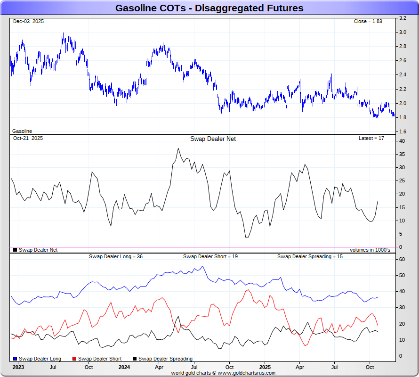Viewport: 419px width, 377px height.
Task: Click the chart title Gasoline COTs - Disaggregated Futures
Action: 209,8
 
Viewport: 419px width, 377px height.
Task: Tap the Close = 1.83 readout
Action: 369,21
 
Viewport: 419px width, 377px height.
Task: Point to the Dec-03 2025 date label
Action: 28,21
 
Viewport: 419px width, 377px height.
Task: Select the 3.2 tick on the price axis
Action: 403,18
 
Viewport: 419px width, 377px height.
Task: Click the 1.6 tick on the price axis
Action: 403,131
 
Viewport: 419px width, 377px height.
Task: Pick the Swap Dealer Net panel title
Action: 213,139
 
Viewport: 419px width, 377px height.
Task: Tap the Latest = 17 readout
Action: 371,138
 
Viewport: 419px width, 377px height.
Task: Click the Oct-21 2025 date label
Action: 28,138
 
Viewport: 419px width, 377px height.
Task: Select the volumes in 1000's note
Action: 370,250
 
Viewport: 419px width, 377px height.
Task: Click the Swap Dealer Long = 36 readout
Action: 116,256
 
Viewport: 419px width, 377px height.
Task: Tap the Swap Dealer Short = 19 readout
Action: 210,256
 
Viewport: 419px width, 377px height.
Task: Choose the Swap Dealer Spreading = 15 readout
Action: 310,256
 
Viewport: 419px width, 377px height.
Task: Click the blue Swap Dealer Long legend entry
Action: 37,359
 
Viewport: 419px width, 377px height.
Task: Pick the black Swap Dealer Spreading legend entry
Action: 162,359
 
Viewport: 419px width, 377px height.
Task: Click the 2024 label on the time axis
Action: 124,367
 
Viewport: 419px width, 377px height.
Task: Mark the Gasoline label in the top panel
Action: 22,131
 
